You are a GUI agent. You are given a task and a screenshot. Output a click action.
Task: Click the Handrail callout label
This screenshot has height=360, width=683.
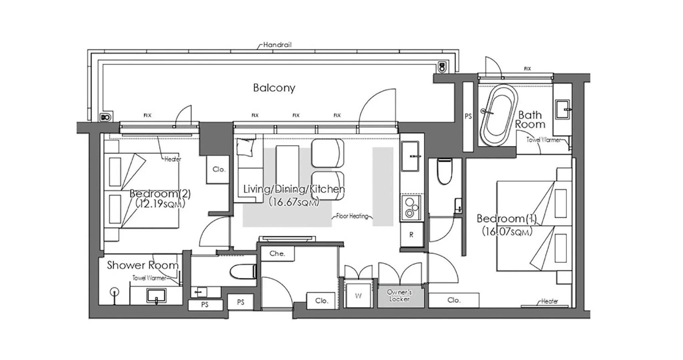(x=277, y=45)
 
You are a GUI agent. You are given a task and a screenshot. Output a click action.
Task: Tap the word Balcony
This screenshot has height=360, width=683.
(x=274, y=88)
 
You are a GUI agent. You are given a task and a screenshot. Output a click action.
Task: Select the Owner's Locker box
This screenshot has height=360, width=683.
(x=400, y=296)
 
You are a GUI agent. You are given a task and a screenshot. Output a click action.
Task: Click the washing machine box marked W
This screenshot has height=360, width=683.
(x=358, y=296)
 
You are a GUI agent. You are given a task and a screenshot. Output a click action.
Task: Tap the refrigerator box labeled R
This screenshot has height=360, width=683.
(x=411, y=235)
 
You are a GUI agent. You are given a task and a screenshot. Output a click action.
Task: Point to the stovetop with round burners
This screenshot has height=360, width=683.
(x=411, y=208)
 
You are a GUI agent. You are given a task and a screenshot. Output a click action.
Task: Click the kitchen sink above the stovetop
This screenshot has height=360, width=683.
(x=410, y=156)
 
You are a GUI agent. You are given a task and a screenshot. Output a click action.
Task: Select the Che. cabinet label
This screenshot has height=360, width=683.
(x=277, y=254)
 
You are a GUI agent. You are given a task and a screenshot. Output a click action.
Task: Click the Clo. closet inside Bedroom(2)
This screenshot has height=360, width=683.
(x=219, y=169)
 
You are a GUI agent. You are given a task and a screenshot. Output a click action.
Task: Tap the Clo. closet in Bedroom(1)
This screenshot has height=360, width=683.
(x=454, y=300)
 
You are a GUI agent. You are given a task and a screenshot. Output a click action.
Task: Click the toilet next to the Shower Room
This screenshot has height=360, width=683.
(x=243, y=271)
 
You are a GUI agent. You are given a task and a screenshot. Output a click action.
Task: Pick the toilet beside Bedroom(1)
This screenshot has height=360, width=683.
(x=444, y=171)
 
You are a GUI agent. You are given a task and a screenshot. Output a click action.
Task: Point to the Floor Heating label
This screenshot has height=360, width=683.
(x=352, y=216)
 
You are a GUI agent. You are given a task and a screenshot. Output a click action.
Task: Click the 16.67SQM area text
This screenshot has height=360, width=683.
(x=294, y=202)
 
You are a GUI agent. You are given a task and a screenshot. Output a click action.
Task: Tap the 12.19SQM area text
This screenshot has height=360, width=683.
(x=160, y=204)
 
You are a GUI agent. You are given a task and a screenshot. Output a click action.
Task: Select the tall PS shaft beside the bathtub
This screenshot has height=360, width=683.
(x=468, y=116)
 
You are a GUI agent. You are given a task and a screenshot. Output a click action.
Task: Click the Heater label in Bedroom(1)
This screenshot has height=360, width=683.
(x=549, y=301)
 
